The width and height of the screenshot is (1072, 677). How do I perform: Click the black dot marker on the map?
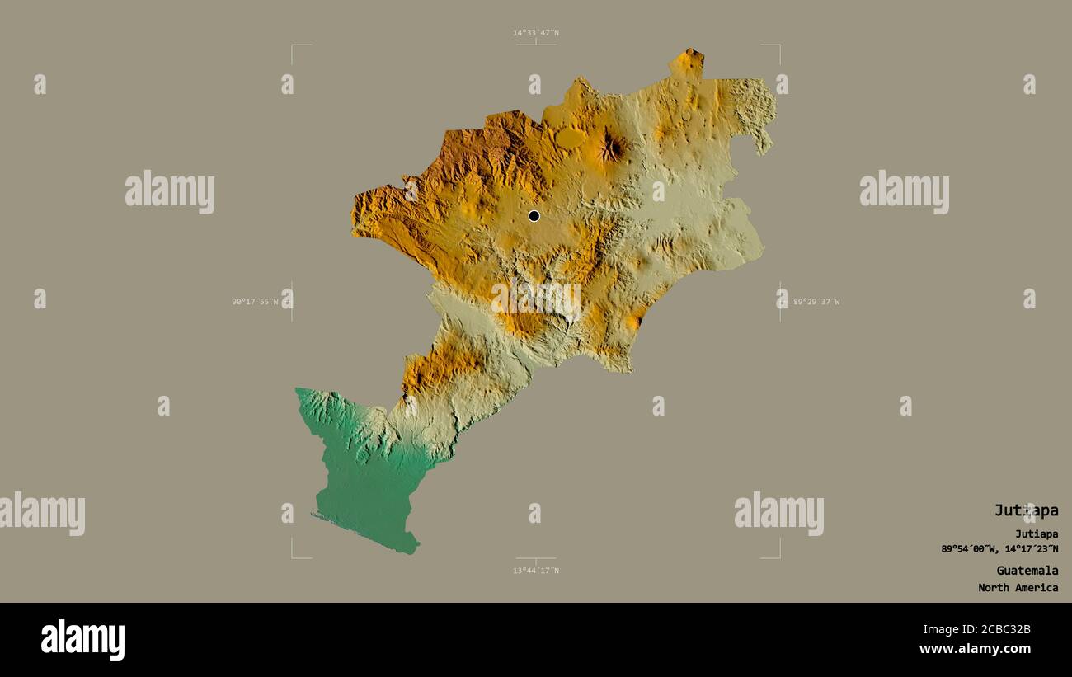pyautogui.click(x=534, y=216)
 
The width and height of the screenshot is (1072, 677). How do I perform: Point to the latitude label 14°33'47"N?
pyautogui.click(x=535, y=33)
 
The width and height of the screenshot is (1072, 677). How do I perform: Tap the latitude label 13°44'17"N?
pyautogui.click(x=535, y=571)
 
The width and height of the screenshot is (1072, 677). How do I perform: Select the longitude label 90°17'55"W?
pyautogui.click(x=256, y=302)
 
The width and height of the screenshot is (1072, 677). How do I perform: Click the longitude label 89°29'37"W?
pyautogui.click(x=816, y=302)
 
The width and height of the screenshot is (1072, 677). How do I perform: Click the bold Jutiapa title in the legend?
pyautogui.click(x=1026, y=510)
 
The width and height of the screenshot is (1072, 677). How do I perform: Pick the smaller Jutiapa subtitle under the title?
pyautogui.click(x=1037, y=534)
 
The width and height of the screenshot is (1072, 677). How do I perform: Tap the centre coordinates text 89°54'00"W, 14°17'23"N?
pyautogui.click(x=999, y=549)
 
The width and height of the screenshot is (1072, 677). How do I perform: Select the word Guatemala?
pyautogui.click(x=1027, y=571)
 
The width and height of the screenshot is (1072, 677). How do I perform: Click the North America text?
pyautogui.click(x=1018, y=588)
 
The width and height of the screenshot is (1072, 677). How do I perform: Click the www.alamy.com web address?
pyautogui.click(x=975, y=649)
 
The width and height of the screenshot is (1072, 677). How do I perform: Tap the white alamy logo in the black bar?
pyautogui.click(x=82, y=640)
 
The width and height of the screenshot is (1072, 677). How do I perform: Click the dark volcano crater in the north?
pyautogui.click(x=610, y=148)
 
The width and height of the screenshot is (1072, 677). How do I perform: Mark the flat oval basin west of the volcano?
pyautogui.click(x=569, y=139)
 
